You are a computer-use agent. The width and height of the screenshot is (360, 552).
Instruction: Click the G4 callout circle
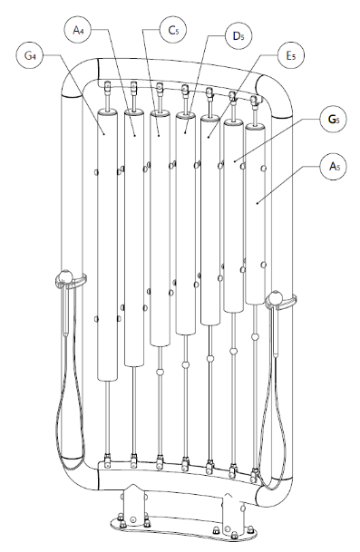coord(30,55)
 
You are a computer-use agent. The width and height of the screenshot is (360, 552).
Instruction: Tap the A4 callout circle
coord(78,30)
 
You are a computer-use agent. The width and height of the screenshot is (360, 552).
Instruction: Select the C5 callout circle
coord(173,30)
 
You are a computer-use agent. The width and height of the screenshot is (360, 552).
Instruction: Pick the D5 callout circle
coord(238,35)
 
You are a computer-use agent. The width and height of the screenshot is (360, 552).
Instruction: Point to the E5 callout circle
coord(291,55)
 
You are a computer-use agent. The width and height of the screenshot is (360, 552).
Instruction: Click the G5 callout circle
coord(333,119)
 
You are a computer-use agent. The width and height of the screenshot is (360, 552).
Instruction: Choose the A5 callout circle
coord(333,166)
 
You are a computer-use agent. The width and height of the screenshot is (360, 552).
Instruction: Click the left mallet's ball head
coord(65,276)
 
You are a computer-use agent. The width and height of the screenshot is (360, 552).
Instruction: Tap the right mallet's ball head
coord(275,297)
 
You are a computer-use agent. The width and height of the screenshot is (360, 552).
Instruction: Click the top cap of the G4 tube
coord(107,112)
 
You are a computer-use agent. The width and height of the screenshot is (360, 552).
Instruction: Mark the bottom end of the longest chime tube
coord(107,378)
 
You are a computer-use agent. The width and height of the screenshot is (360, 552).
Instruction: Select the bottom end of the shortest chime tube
coord(255,301)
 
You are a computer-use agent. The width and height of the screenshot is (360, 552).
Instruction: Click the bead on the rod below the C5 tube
coord(160,372)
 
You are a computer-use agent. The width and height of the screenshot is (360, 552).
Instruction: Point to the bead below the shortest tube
coord(255,336)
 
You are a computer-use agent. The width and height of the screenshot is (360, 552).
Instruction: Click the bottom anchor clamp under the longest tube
coord(107,460)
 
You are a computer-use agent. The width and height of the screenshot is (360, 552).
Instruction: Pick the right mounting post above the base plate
coord(233,510)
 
